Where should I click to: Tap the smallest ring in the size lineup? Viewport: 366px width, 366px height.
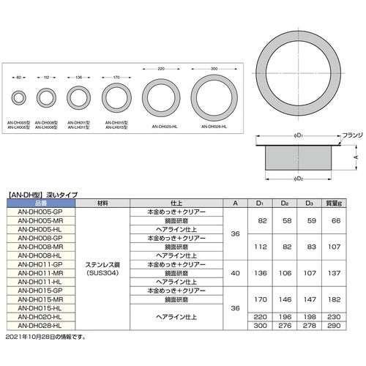(x=18, y=97)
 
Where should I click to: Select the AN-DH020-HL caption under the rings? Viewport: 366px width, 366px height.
(x=163, y=126)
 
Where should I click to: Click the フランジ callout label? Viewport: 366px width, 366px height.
(x=344, y=135)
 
